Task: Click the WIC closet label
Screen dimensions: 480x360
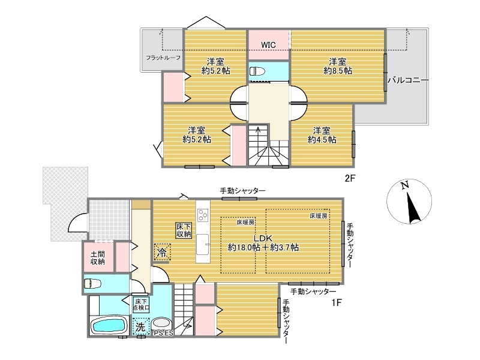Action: pyautogui.click(x=268, y=45)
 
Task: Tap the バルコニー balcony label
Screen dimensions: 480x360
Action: pyautogui.click(x=408, y=80)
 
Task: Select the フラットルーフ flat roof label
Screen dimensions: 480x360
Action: pyautogui.click(x=163, y=58)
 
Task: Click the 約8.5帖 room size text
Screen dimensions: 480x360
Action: pyautogui.click(x=338, y=71)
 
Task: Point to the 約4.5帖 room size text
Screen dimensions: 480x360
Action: pyautogui.click(x=322, y=140)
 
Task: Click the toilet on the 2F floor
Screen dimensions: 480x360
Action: pyautogui.click(x=257, y=71)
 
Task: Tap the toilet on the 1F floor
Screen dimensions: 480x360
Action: pyautogui.click(x=93, y=283)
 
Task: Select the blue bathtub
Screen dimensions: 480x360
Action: pyautogui.click(x=110, y=325)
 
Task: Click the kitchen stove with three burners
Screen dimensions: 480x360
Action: pyautogui.click(x=203, y=214)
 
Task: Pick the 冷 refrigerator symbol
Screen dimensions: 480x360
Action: pyautogui.click(x=162, y=252)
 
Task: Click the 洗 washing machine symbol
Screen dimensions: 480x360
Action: pyautogui.click(x=140, y=327)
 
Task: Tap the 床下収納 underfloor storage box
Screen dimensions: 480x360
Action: pyautogui.click(x=184, y=230)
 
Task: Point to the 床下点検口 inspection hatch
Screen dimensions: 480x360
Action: pyautogui.click(x=141, y=305)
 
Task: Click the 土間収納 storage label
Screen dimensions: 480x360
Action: pyautogui.click(x=98, y=258)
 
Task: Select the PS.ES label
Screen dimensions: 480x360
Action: pyautogui.click(x=163, y=334)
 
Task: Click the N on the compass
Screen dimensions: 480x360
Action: pyautogui.click(x=405, y=185)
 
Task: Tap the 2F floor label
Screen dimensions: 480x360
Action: pyautogui.click(x=350, y=178)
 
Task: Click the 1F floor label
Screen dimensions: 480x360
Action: pyautogui.click(x=337, y=302)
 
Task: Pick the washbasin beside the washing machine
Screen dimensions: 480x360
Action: pyautogui.click(x=161, y=323)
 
